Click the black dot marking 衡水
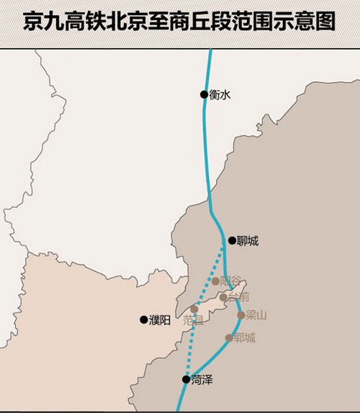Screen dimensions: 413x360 [x=204, y=94]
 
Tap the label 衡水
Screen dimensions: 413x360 [x=219, y=94]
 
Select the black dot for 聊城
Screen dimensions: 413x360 [x=232, y=241]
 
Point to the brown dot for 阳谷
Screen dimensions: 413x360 [x=215, y=281]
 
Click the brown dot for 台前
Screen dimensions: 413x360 [x=224, y=296]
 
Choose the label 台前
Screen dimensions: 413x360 [x=239, y=296]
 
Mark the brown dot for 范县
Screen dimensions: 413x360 [x=194, y=309]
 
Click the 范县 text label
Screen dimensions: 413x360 [x=193, y=320]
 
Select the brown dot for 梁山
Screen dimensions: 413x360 [x=241, y=315]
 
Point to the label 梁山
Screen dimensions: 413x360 [x=256, y=315]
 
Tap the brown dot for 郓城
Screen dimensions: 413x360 [x=229, y=337]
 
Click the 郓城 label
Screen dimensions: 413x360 [x=245, y=337]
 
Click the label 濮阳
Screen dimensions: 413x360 [x=160, y=320]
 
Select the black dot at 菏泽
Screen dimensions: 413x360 [x=186, y=379]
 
